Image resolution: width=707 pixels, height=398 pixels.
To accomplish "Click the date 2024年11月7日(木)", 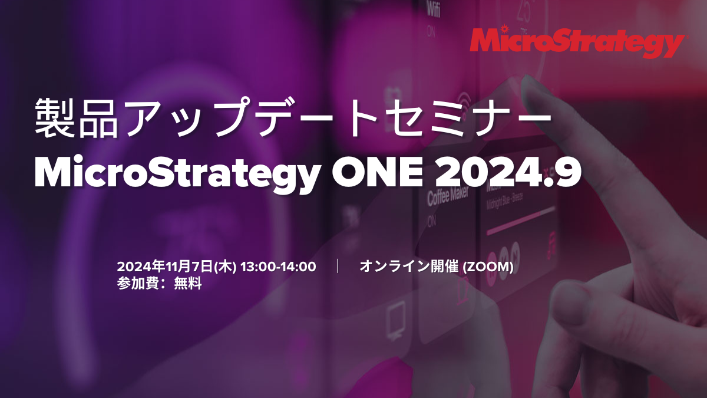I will pyautogui.click(x=177, y=267).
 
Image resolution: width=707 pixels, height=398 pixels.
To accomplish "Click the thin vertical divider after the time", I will pyautogui.click(x=338, y=267).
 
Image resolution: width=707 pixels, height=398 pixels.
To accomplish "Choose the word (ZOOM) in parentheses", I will pyautogui.click(x=488, y=267).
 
